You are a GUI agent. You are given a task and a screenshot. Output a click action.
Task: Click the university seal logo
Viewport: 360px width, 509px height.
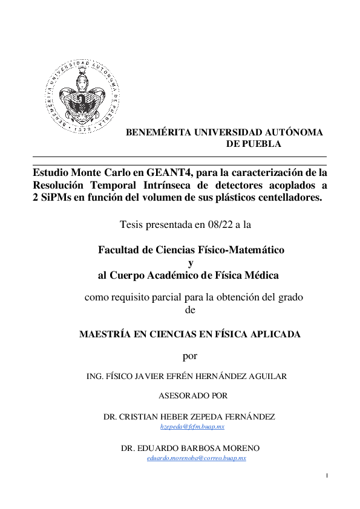[x=83, y=97]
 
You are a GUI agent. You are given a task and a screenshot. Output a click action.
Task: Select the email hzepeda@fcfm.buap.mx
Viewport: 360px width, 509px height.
[x=192, y=427]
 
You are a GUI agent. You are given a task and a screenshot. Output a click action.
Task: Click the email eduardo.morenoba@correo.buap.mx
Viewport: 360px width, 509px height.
[x=197, y=459]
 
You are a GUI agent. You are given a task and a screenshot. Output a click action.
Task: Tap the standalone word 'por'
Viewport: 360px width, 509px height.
[x=190, y=355]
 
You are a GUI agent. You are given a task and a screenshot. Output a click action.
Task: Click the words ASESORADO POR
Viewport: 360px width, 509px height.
[x=193, y=396]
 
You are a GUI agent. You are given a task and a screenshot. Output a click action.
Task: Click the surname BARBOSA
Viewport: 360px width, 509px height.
[x=184, y=449]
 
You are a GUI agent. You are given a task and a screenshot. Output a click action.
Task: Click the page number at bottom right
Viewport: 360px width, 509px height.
[x=327, y=476]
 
